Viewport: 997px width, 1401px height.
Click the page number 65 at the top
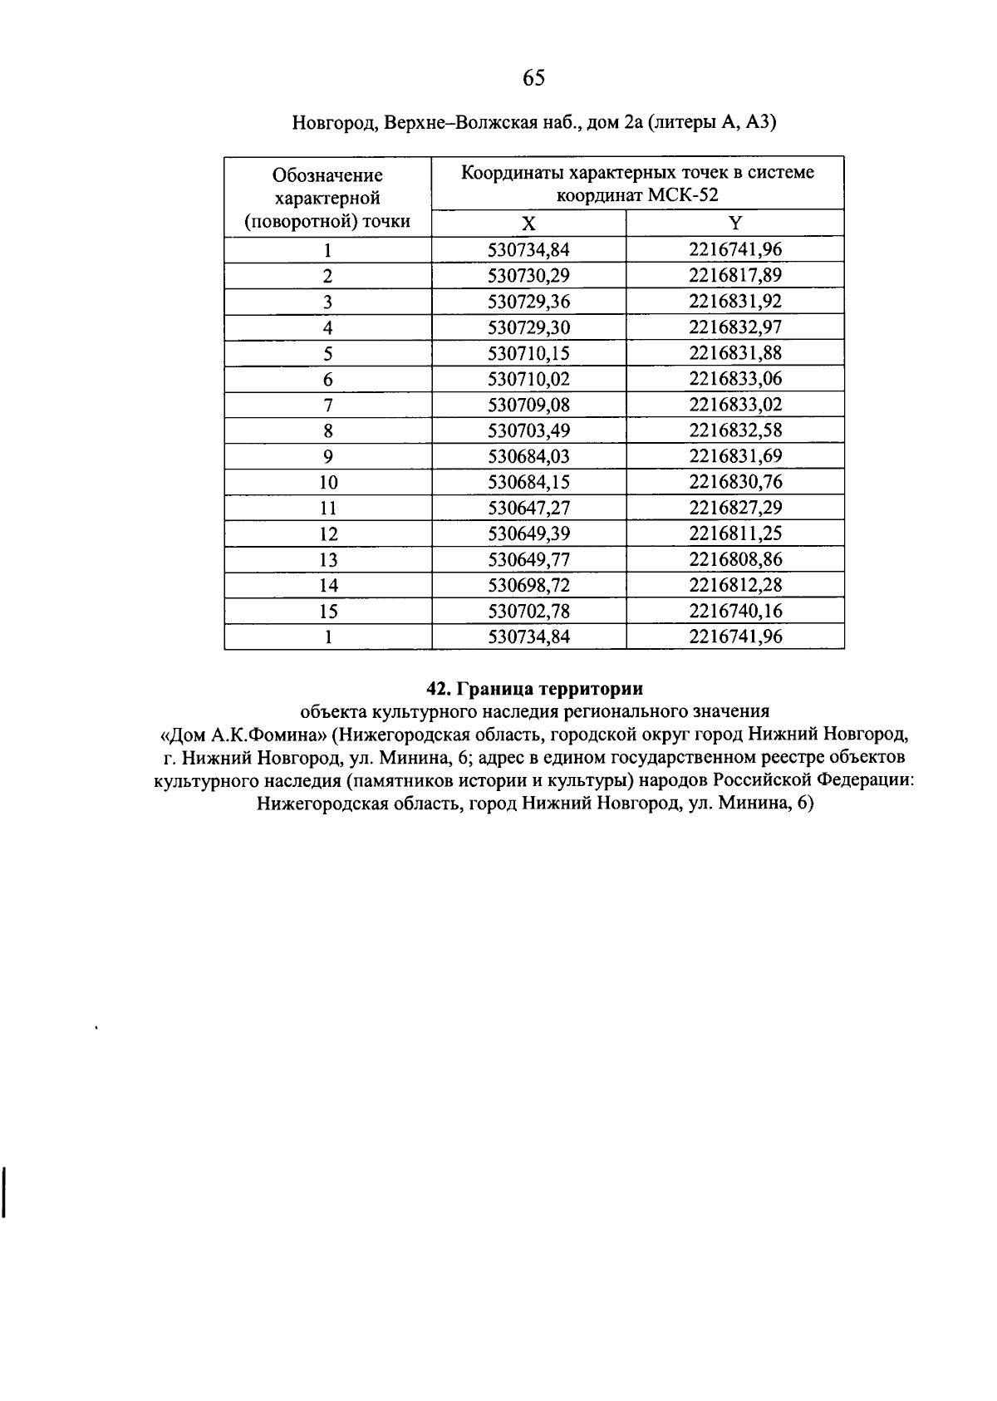click(x=533, y=78)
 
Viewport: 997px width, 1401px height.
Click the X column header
click(x=528, y=224)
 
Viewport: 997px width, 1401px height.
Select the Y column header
click(x=734, y=224)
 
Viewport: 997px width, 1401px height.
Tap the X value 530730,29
click(x=528, y=275)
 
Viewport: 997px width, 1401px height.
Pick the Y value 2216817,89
click(x=734, y=275)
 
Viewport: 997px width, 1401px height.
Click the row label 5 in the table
click(x=328, y=354)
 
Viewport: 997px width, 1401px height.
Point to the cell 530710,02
click(x=528, y=380)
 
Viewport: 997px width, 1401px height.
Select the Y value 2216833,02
click(x=734, y=406)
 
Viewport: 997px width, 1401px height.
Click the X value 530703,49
click(x=528, y=431)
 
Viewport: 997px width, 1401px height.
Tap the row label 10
click(x=328, y=483)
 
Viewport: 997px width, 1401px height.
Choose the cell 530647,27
click(x=528, y=509)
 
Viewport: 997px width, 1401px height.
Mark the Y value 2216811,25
click(x=734, y=534)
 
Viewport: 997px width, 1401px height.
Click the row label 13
click(x=328, y=560)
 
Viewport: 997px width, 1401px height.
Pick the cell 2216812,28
click(x=734, y=586)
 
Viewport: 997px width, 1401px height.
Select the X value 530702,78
click(x=528, y=612)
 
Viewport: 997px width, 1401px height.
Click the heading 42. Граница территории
click(x=534, y=689)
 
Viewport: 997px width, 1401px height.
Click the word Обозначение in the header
click(x=327, y=175)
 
